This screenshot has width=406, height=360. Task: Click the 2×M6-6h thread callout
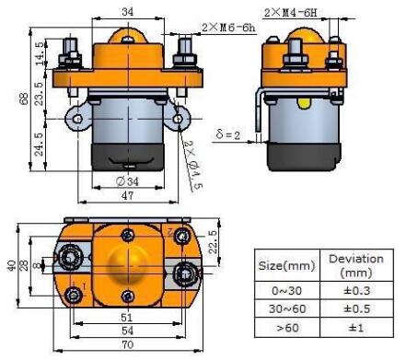coord(228,28)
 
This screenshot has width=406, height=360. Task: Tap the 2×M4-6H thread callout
coord(290,13)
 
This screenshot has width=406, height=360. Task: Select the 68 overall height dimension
coord(24,99)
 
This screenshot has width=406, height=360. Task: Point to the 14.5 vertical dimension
coord(40,53)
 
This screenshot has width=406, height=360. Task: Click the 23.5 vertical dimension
coord(40,94)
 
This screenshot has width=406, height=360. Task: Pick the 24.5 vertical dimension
coord(40,145)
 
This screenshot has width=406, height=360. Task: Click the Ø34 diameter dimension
coord(127,181)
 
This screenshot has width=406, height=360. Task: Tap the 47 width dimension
coord(128,195)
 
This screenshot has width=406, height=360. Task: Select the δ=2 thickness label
coord(227,134)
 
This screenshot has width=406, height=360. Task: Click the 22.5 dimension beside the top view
coord(213,242)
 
